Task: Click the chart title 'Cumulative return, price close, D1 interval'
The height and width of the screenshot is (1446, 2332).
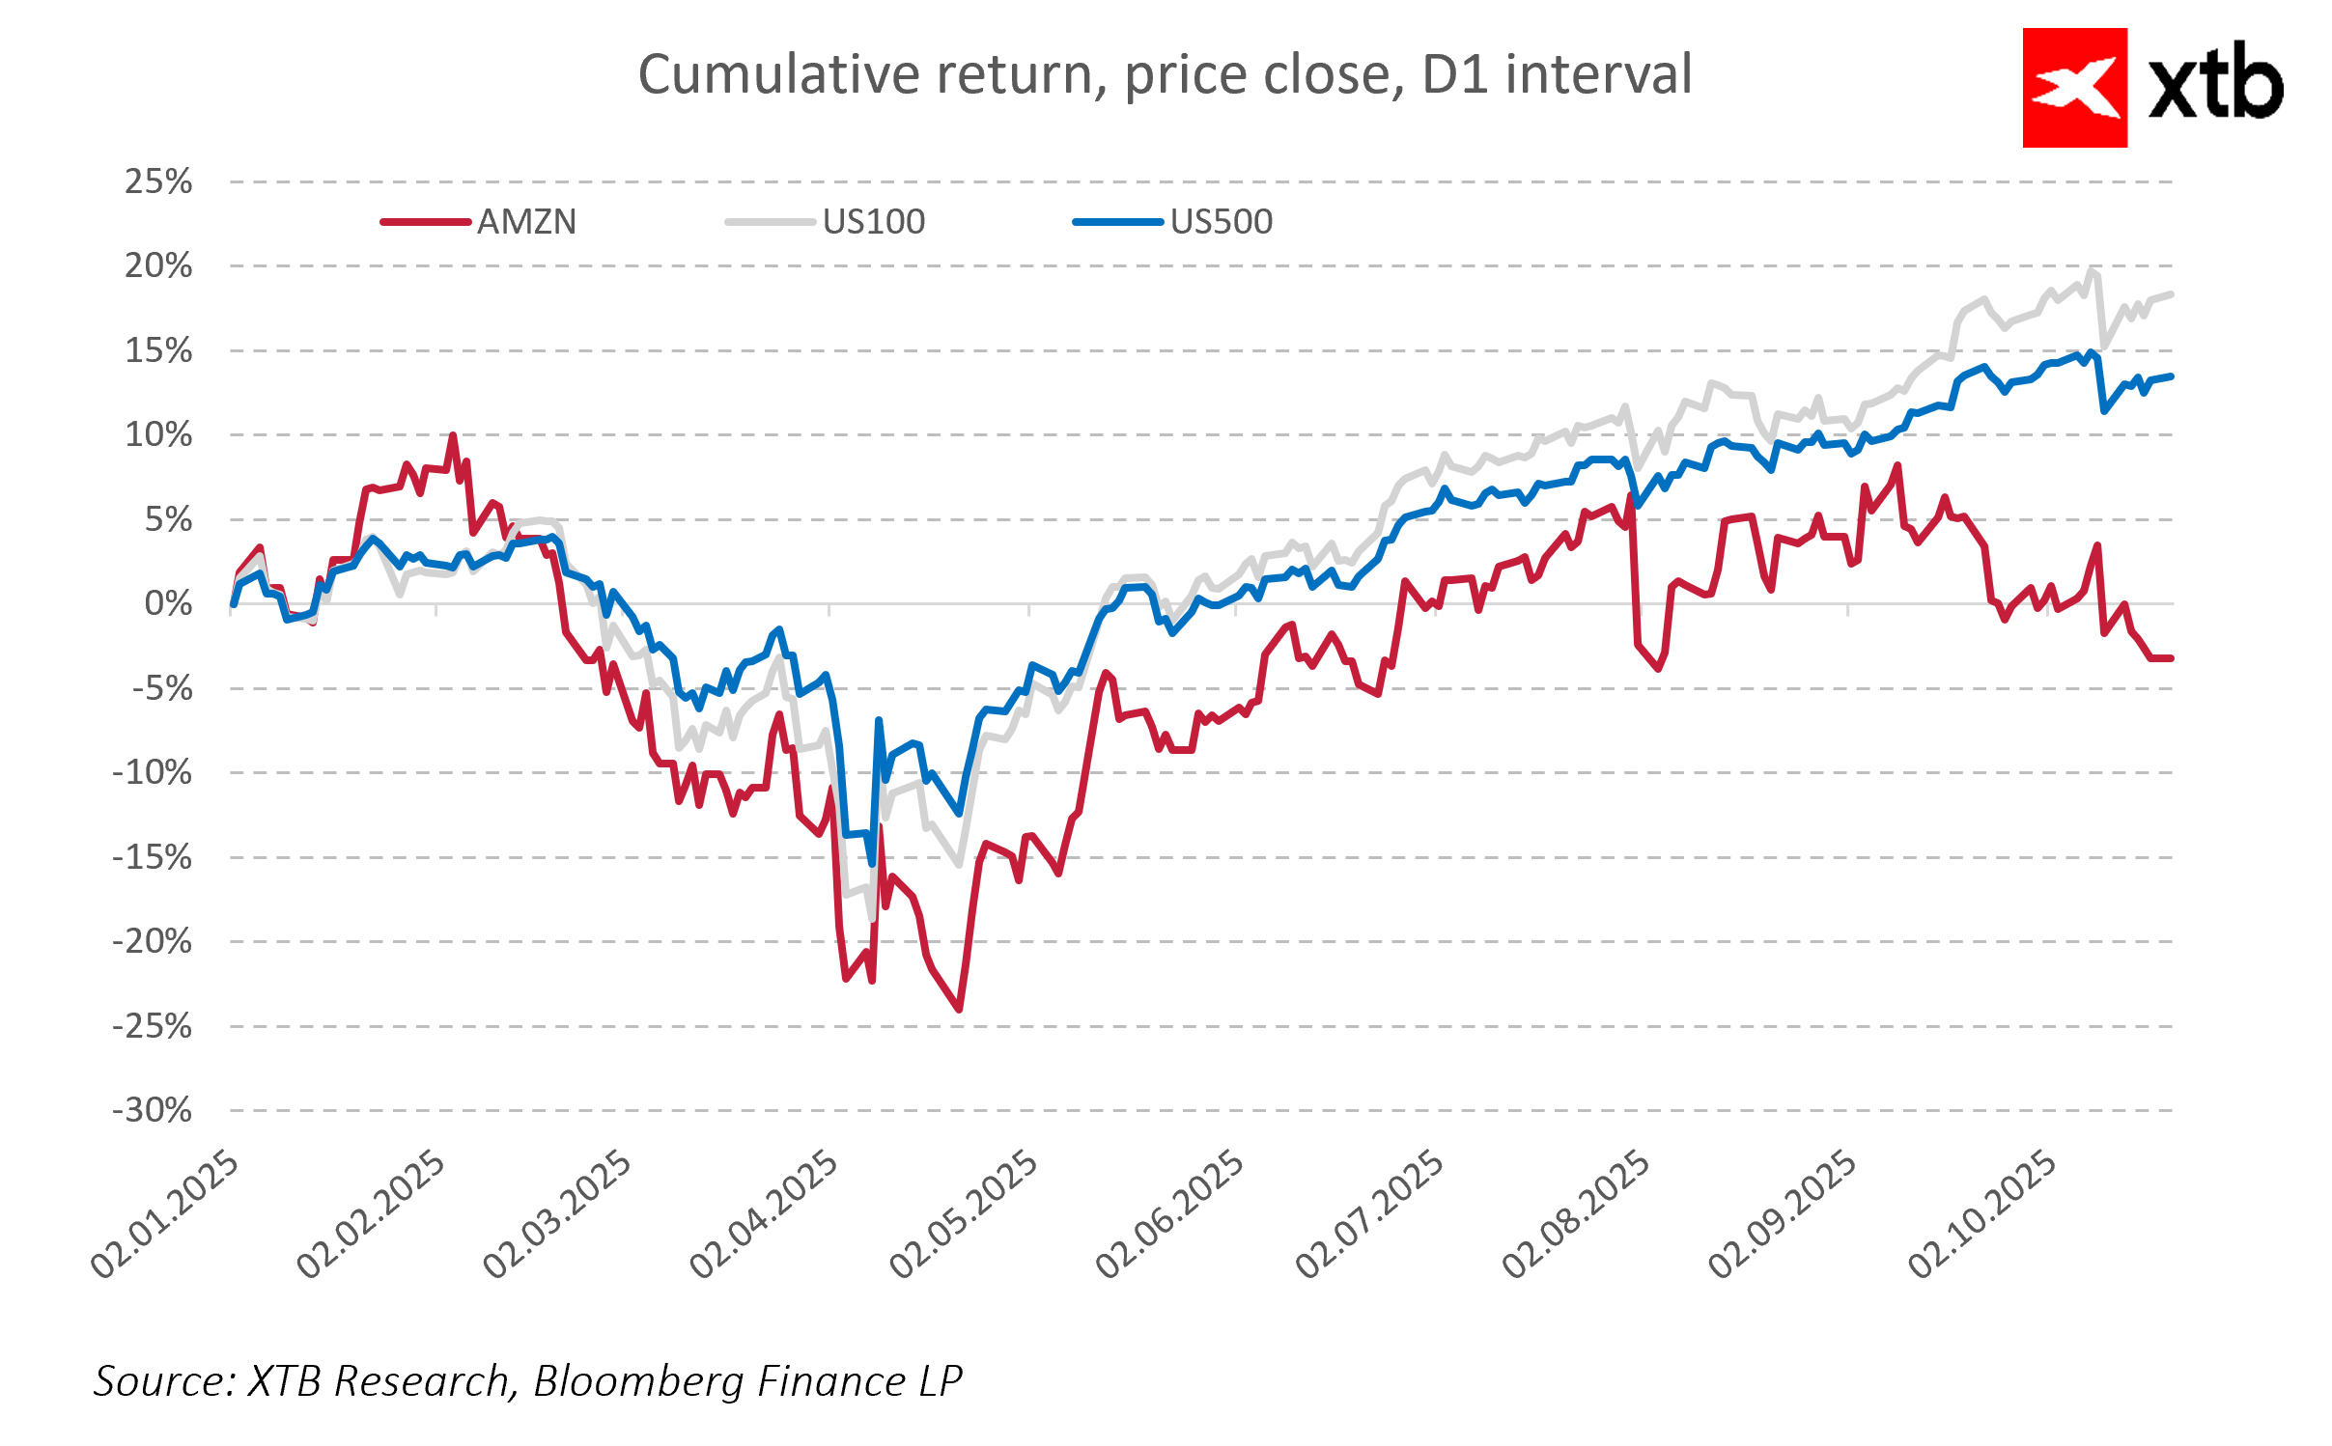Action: [1165, 74]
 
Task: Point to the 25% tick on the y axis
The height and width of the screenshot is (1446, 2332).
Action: [158, 181]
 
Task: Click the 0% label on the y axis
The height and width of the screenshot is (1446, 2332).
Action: [168, 604]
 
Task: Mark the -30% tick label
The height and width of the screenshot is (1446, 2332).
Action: [153, 1110]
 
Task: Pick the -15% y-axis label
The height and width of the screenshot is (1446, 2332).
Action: [153, 857]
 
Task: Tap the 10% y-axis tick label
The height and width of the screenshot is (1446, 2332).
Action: [158, 435]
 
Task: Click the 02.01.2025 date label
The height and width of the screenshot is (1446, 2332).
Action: [164, 1215]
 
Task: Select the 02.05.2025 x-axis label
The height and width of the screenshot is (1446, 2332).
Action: [964, 1215]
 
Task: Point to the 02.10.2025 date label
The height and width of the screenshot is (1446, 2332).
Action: [1982, 1215]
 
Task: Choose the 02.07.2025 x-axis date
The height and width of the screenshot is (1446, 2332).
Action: [1369, 1215]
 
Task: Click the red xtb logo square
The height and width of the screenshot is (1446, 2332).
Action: [2074, 88]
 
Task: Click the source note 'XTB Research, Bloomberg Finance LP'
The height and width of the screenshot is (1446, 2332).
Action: [527, 1381]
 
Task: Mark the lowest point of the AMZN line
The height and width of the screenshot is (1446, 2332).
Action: [959, 1010]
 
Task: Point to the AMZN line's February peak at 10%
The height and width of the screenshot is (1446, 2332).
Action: [453, 435]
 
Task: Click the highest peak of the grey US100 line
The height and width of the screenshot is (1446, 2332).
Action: [2092, 270]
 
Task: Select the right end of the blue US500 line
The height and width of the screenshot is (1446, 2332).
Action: [2171, 376]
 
